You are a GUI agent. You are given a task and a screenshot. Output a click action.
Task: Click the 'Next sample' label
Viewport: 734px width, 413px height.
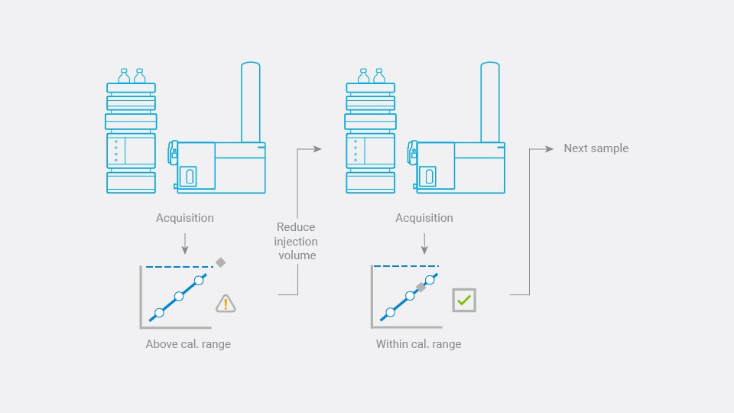[596, 148]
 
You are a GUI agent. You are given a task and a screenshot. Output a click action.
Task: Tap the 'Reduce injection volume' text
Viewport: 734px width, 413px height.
[297, 241]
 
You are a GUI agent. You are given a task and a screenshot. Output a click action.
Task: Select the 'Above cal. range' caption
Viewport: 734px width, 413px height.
[188, 344]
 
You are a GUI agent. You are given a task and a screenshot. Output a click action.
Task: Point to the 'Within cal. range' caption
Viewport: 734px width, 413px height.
[418, 344]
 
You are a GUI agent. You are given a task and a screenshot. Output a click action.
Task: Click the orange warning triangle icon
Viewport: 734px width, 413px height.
[226, 304]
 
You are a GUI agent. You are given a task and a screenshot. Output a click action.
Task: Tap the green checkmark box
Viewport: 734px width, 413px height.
[463, 300]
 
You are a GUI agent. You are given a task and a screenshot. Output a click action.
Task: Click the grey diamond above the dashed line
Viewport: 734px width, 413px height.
[220, 262]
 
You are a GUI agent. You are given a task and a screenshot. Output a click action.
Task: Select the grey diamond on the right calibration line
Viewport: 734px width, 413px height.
[420, 288]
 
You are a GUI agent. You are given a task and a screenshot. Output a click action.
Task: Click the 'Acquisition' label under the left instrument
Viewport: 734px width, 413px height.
[185, 218]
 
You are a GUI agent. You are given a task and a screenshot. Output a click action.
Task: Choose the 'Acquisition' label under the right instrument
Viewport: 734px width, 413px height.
[424, 218]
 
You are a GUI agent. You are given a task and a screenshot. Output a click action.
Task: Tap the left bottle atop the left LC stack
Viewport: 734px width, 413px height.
[125, 76]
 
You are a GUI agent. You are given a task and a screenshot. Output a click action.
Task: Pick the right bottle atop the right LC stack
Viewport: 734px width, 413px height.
[378, 76]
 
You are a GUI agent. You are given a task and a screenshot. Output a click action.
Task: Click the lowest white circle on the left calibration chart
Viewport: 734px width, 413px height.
[159, 312]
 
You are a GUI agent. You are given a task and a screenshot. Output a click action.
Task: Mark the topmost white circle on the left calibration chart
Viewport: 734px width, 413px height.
[199, 281]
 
